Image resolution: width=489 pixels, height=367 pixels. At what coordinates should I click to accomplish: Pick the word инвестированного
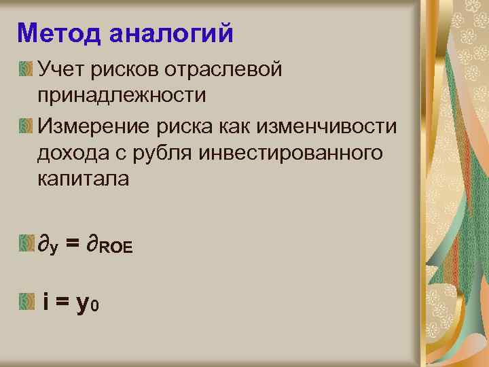pos(291,154)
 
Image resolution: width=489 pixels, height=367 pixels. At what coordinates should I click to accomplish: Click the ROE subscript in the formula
pos(115,248)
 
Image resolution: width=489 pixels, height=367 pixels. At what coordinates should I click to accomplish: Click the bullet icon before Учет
pos(26,68)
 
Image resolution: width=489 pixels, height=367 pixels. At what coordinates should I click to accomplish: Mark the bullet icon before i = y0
pos(26,300)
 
